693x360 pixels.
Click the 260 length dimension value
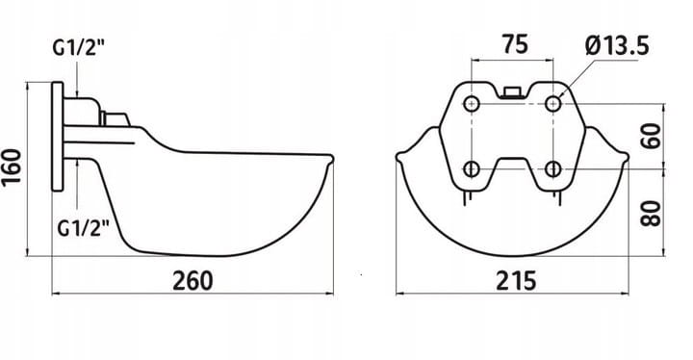192,280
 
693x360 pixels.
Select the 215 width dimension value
516,280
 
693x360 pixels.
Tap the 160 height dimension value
12,168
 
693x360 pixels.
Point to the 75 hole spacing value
515,44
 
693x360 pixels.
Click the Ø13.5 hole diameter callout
617,46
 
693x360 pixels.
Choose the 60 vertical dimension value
652,136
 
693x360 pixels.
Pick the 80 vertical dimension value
652,213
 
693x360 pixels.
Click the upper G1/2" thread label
79,47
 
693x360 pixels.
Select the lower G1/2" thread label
83,228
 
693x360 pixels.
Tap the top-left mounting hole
472,104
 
